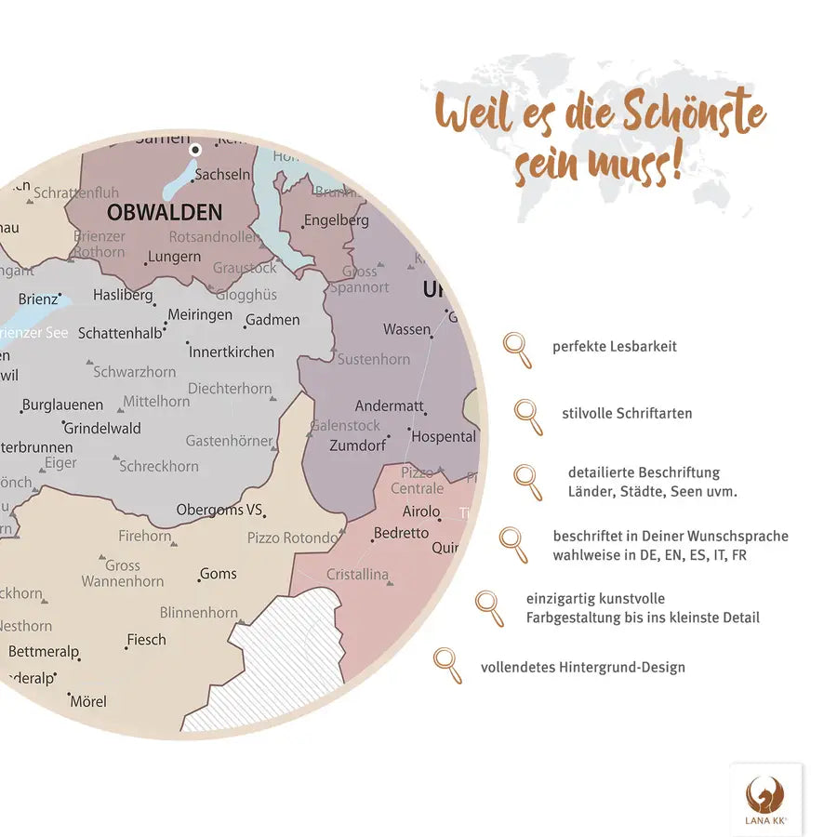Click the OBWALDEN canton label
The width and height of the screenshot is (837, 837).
[165, 212]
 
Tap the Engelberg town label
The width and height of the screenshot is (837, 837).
[336, 221]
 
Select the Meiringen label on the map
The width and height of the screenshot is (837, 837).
[200, 315]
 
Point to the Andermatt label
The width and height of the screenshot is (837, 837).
[389, 406]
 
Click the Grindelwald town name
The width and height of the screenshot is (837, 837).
[102, 429]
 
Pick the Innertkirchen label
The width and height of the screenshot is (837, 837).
[232, 352]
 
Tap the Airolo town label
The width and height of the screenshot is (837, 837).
[421, 511]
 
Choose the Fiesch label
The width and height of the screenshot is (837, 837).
[147, 640]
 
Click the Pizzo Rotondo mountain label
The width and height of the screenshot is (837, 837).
[292, 538]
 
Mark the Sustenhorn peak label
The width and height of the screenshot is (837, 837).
[373, 359]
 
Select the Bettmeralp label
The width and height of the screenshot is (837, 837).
[44, 652]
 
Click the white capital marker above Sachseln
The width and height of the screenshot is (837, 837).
[195, 149]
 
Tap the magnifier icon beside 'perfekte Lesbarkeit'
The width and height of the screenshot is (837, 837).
[517, 350]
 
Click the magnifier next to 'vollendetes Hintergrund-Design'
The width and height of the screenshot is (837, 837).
[446, 665]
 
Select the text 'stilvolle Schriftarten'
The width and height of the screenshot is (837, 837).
[627, 413]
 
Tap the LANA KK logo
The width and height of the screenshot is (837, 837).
[765, 799]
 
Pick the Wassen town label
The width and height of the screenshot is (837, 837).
[407, 330]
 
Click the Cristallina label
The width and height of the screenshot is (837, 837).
[357, 575]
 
